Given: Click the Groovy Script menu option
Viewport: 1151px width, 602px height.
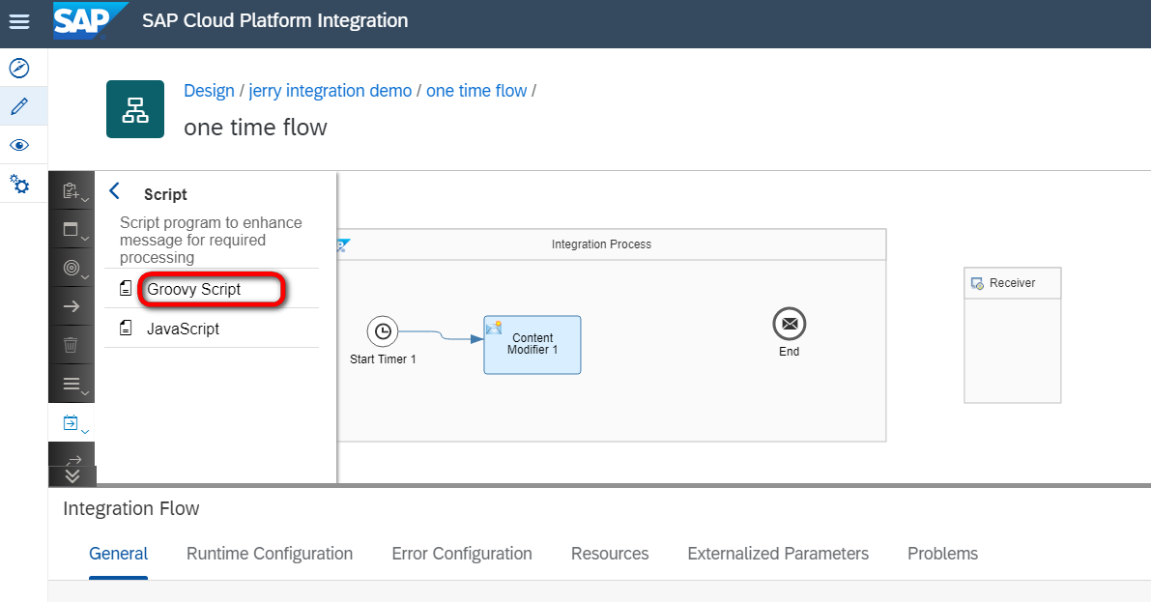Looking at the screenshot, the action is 194,289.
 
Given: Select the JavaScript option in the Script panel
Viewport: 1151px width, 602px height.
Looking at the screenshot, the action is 183,329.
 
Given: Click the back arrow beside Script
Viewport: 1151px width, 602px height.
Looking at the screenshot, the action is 114,191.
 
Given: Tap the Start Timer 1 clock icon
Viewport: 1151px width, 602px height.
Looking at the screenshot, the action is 383,331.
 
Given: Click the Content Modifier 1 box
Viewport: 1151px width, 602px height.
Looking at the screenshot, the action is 532,345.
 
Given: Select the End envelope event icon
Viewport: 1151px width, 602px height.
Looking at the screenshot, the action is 790,324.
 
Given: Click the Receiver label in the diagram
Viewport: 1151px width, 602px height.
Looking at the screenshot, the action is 1012,283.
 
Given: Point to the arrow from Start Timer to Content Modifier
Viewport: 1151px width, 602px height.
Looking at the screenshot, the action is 441,334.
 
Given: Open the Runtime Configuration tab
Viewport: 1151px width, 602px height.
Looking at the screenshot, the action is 270,554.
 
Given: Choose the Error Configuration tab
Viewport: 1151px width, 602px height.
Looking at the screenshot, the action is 462,554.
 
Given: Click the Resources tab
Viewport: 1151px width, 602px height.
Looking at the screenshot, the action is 610,554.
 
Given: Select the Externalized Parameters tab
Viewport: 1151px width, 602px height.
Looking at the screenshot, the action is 778,554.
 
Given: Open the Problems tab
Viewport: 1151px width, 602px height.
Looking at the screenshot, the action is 942,554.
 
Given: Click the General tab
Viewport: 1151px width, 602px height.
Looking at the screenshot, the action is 118,554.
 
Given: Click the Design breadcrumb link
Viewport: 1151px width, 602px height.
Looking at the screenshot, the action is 209,90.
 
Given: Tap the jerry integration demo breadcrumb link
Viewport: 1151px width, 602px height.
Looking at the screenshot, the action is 331,90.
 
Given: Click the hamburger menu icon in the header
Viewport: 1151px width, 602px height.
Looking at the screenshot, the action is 19,21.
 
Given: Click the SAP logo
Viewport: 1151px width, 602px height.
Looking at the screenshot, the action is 90,20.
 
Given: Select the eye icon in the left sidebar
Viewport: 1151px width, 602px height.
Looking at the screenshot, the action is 19,145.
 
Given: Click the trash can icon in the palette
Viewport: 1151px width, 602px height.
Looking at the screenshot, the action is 71,344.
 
